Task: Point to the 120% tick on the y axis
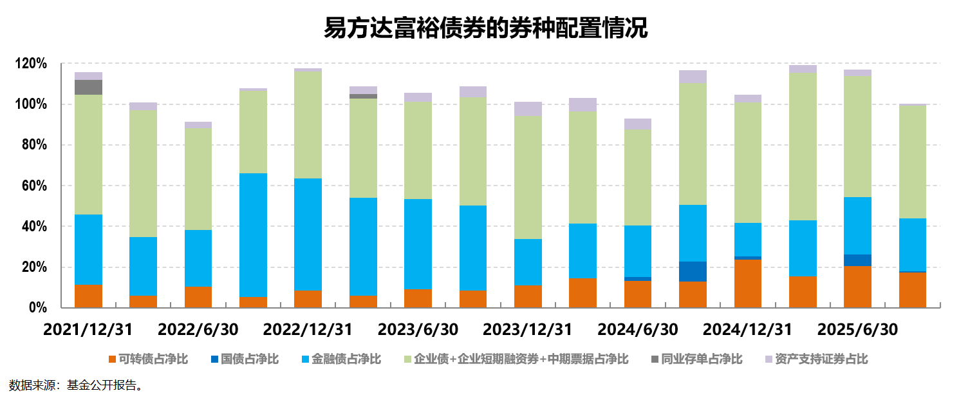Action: tap(32, 64)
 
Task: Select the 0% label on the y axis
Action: tap(38, 308)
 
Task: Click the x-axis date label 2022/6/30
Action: tap(198, 329)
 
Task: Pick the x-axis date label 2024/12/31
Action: tap(747, 329)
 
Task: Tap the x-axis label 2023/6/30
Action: tap(418, 329)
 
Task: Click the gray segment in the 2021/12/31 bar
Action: tap(88, 87)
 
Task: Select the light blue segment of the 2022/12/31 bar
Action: tap(308, 235)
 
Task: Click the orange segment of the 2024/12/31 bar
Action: tap(748, 283)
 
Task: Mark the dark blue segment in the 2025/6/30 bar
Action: tap(857, 260)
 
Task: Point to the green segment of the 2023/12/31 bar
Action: tap(528, 177)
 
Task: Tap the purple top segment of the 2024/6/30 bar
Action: tap(638, 124)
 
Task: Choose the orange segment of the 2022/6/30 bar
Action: tap(198, 297)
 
